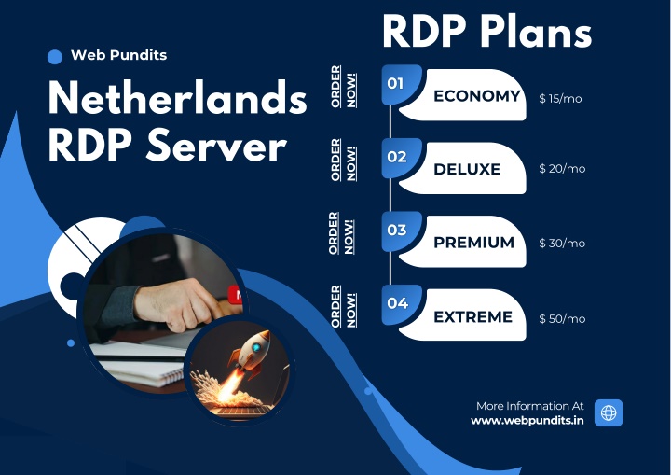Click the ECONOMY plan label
(x=477, y=95)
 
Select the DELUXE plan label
(x=467, y=169)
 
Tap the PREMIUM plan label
(x=473, y=243)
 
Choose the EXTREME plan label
(x=472, y=316)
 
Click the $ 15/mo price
(x=560, y=99)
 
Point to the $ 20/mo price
(x=562, y=169)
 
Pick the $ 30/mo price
(x=562, y=243)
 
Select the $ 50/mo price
(x=562, y=318)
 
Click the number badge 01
(x=395, y=83)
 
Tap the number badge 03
(x=397, y=230)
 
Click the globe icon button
(x=609, y=412)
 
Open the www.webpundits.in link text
(x=527, y=421)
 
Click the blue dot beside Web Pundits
(x=55, y=57)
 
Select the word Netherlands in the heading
(x=178, y=98)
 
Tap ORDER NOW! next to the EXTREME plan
(x=343, y=306)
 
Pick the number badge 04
(x=397, y=303)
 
